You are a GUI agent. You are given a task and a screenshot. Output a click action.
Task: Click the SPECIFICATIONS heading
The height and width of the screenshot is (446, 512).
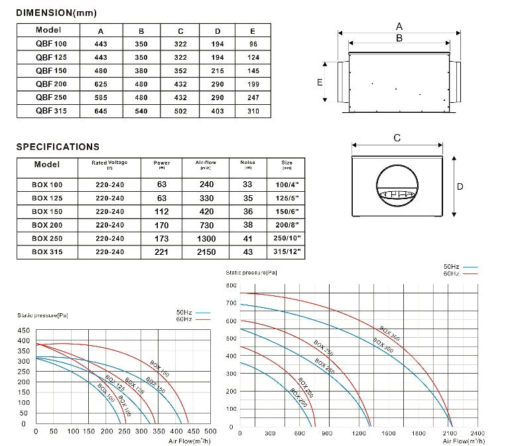pyautogui.click(x=58, y=147)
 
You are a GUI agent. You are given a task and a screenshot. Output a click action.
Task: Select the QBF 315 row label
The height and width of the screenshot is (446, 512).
pyautogui.click(x=48, y=111)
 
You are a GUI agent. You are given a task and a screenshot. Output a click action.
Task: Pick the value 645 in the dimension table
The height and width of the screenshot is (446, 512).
pyautogui.click(x=100, y=111)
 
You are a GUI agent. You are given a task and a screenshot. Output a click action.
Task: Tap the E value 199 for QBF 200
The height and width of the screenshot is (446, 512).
pyautogui.click(x=253, y=84)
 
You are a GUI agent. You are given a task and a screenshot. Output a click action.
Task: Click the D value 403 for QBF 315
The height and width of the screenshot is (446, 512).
pyautogui.click(x=218, y=111)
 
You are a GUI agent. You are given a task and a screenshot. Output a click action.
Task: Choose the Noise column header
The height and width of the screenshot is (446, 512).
pyautogui.click(x=247, y=163)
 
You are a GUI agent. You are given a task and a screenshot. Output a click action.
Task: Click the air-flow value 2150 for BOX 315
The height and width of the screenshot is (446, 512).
pyautogui.click(x=206, y=252)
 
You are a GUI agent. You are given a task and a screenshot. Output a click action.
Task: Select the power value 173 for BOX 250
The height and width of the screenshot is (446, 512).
pyautogui.click(x=161, y=239)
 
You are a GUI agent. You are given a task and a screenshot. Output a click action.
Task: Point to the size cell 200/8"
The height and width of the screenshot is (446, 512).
pyautogui.click(x=287, y=225)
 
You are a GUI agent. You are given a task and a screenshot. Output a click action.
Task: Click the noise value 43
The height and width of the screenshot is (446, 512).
pyautogui.click(x=247, y=252)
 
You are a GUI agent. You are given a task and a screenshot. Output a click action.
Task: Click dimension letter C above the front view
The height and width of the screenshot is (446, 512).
pyautogui.click(x=397, y=138)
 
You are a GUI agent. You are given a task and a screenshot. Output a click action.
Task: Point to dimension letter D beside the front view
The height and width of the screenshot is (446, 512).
pyautogui.click(x=460, y=186)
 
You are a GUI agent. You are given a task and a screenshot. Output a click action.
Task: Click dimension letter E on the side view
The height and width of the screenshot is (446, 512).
pyautogui.click(x=320, y=82)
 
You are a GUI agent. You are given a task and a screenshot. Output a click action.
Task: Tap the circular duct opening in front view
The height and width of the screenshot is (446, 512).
pyautogui.click(x=397, y=186)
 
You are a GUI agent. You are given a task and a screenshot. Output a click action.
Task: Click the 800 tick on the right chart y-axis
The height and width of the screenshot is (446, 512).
pyautogui.click(x=231, y=285)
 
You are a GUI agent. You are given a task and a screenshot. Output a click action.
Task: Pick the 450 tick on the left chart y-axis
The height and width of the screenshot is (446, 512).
pyautogui.click(x=24, y=330)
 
